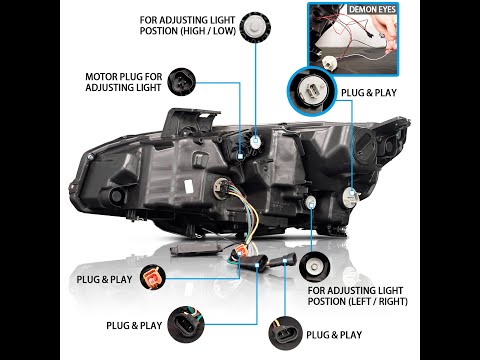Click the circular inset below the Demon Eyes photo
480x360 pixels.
tap(312, 88)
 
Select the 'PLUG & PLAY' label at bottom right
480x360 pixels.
tap(335, 334)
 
